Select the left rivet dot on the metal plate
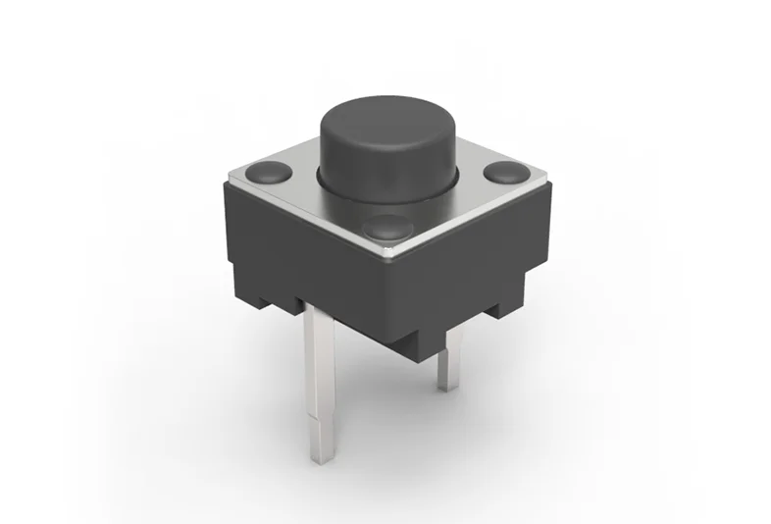(269, 174)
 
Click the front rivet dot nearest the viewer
(386, 229)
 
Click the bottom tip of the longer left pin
(323, 454)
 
